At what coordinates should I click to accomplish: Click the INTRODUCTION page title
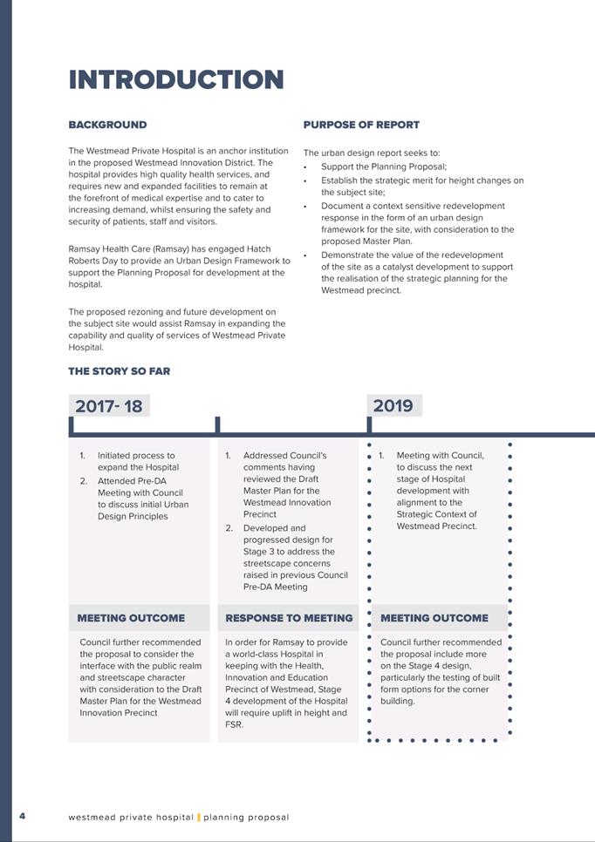click(x=176, y=80)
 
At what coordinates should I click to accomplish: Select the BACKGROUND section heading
click(x=107, y=125)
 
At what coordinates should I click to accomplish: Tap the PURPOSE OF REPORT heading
click(x=361, y=125)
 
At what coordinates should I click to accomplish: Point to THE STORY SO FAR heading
click(x=120, y=371)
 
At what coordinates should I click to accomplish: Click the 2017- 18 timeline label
click(x=108, y=406)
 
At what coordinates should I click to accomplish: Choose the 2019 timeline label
click(x=393, y=405)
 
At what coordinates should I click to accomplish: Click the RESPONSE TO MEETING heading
click(x=289, y=618)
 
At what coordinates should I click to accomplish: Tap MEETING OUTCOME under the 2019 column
click(x=434, y=618)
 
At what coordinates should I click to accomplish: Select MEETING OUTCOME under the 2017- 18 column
click(x=131, y=618)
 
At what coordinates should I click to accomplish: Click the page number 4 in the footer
click(x=22, y=817)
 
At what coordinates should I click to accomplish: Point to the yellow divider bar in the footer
click(x=198, y=818)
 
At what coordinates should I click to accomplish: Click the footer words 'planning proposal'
click(x=246, y=818)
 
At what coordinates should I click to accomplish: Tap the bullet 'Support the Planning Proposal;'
click(x=383, y=166)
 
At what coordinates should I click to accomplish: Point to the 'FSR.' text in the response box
click(x=234, y=724)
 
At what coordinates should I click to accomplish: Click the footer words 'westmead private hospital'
click(x=130, y=818)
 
